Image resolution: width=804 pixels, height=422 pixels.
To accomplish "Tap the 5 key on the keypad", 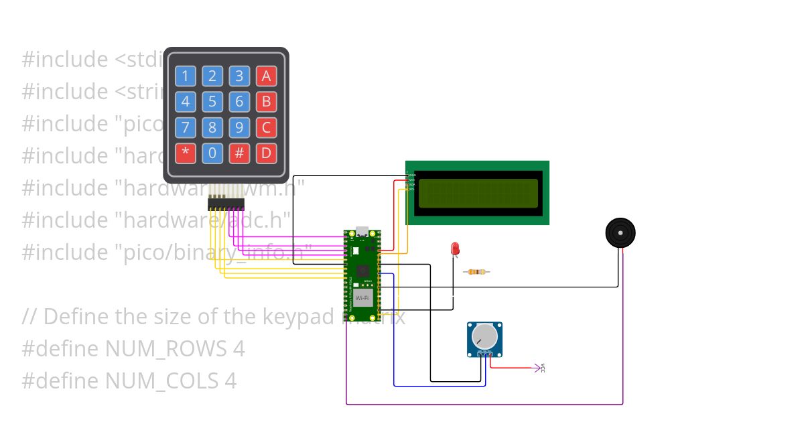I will click(x=212, y=102).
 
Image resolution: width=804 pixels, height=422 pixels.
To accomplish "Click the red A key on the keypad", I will click(x=266, y=76).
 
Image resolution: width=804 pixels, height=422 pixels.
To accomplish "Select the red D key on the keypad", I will click(x=266, y=153).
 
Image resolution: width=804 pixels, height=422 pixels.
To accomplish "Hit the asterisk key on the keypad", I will click(x=186, y=153).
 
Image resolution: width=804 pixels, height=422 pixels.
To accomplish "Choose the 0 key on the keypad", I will click(x=212, y=153).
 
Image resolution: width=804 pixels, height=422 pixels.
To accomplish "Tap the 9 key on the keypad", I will click(x=239, y=127).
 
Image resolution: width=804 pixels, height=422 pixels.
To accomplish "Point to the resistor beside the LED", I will click(x=476, y=272).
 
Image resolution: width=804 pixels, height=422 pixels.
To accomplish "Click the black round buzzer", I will click(x=620, y=232).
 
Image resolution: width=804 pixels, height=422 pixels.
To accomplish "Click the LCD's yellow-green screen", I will click(x=478, y=193).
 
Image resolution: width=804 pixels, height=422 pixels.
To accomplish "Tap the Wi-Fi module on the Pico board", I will click(x=362, y=297).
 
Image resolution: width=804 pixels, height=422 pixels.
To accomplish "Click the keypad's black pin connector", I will click(x=226, y=202).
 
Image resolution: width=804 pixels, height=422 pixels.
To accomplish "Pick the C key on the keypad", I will click(x=266, y=127).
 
